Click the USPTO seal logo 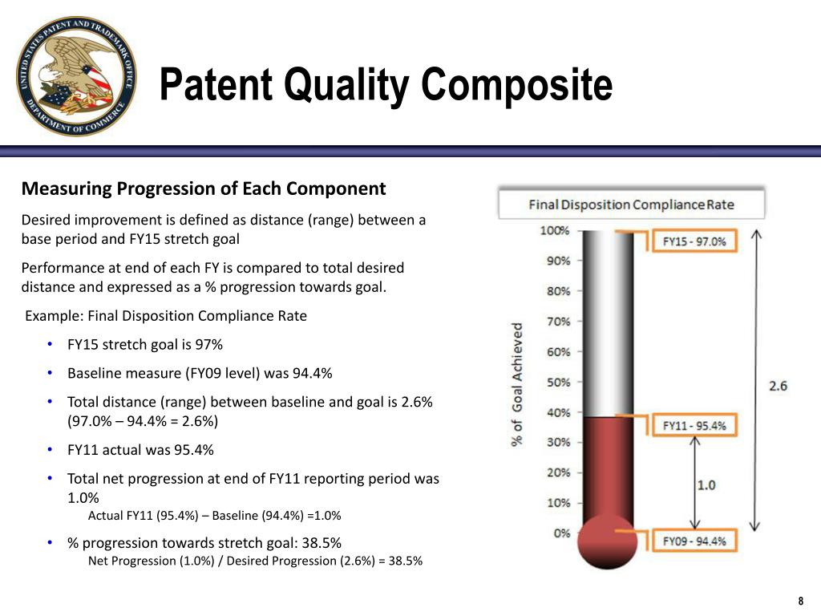pyautogui.click(x=76, y=76)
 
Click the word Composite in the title pyautogui.click(x=517, y=84)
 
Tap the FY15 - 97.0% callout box pyautogui.click(x=694, y=241)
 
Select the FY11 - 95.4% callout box pyautogui.click(x=694, y=425)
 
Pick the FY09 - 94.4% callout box pyautogui.click(x=694, y=541)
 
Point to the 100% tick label pyautogui.click(x=555, y=230)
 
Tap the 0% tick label pyautogui.click(x=562, y=533)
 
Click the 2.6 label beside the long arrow pyautogui.click(x=778, y=386)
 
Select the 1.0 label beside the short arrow pyautogui.click(x=706, y=485)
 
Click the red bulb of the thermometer pyautogui.click(x=608, y=542)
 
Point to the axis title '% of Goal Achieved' pyautogui.click(x=517, y=384)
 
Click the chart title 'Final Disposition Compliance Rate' pyautogui.click(x=632, y=205)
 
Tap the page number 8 pyautogui.click(x=801, y=601)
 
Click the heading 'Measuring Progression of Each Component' pyautogui.click(x=204, y=188)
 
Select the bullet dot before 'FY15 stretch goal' pyautogui.click(x=50, y=344)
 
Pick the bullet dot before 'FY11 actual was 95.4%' pyautogui.click(x=50, y=449)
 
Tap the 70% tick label pyautogui.click(x=558, y=322)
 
